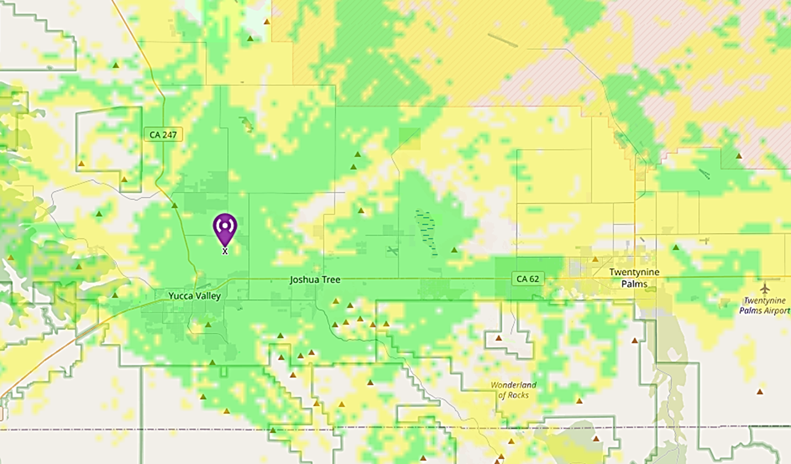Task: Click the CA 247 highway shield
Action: click(163, 134)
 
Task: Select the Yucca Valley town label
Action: click(195, 295)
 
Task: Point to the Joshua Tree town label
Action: click(315, 280)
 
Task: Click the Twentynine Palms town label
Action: click(634, 277)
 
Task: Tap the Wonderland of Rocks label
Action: click(513, 390)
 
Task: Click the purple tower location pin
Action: click(225, 227)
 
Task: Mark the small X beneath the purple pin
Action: click(225, 251)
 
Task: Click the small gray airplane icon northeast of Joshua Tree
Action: click(393, 250)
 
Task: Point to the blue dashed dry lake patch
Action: click(427, 231)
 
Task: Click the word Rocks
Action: click(517, 395)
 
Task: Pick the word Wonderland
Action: click(513, 385)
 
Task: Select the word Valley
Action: click(207, 295)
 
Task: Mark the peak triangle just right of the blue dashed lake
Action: click(454, 249)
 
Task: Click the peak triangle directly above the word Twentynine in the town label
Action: click(595, 259)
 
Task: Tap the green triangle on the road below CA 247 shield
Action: click(174, 206)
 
